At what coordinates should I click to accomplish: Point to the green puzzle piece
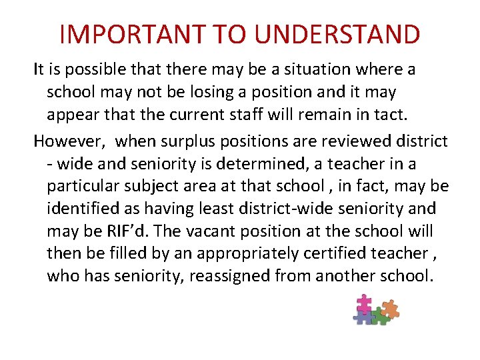click(378, 315)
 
